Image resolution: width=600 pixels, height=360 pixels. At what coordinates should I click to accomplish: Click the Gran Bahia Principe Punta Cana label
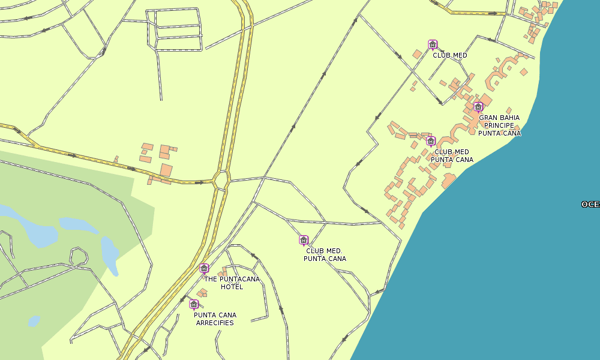point(499,125)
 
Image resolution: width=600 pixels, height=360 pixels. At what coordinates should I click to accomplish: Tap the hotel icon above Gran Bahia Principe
point(478,107)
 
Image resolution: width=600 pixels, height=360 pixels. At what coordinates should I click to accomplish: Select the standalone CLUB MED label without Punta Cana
point(450,55)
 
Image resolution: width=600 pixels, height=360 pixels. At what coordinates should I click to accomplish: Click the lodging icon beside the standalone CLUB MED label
point(432,44)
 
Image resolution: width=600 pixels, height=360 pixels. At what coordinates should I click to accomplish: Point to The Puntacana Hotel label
point(232,283)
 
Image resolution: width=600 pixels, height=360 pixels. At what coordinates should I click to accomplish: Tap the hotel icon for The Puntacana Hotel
point(204,268)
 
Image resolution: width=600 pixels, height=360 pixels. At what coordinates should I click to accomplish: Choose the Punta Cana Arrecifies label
point(215,319)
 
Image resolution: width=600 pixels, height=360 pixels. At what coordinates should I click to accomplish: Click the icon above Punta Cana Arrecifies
point(194,304)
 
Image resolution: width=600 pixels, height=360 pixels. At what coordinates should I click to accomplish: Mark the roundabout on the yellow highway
point(221,179)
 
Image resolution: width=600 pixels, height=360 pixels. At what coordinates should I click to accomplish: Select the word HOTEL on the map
point(232,287)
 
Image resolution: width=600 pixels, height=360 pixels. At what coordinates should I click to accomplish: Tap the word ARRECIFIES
point(215,323)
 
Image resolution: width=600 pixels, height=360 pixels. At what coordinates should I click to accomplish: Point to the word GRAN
point(489,118)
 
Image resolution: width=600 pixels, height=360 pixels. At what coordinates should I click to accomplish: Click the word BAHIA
point(510,118)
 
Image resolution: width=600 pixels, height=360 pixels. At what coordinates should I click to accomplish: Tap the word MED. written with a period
point(333,251)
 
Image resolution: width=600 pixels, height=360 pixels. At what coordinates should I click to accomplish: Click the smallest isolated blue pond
point(34,321)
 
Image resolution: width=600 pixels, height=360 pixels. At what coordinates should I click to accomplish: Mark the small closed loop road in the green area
point(79,256)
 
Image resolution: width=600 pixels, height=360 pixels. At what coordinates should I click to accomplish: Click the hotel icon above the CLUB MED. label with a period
point(304,241)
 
